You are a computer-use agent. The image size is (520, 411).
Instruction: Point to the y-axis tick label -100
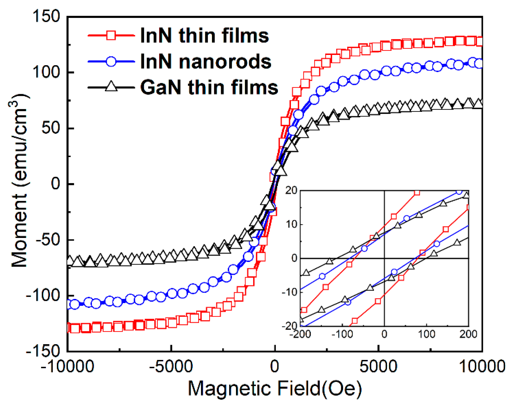43,296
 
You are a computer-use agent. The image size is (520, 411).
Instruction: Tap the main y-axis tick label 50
51,128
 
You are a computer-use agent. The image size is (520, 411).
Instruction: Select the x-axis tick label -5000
171,367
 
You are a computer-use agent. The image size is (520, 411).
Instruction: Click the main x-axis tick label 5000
378,367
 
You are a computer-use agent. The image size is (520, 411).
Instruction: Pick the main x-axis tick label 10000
482,367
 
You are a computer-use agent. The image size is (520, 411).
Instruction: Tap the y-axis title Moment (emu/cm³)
19,181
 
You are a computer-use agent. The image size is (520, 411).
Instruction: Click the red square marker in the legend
111,35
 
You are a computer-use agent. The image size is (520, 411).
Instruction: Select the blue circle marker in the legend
111,61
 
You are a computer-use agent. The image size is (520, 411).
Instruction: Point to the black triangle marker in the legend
111,86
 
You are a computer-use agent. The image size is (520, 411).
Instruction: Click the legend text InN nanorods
206,61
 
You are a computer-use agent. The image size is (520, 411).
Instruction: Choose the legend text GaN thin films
209,87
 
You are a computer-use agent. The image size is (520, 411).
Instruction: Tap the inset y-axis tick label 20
291,190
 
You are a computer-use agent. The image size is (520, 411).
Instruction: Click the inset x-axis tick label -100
342,334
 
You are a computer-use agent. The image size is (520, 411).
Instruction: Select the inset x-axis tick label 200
468,334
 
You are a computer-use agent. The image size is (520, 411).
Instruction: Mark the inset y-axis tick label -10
289,292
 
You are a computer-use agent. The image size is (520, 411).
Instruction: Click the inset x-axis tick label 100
426,334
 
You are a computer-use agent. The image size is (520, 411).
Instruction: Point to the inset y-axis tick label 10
291,224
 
